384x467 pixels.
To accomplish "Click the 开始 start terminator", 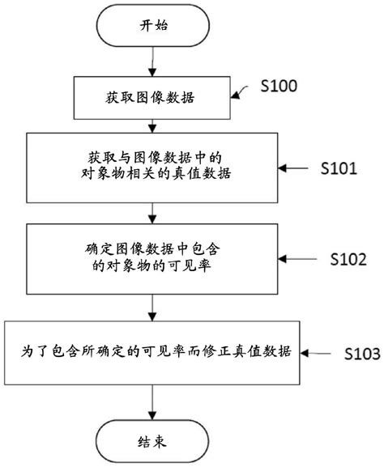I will tap(152, 26).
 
